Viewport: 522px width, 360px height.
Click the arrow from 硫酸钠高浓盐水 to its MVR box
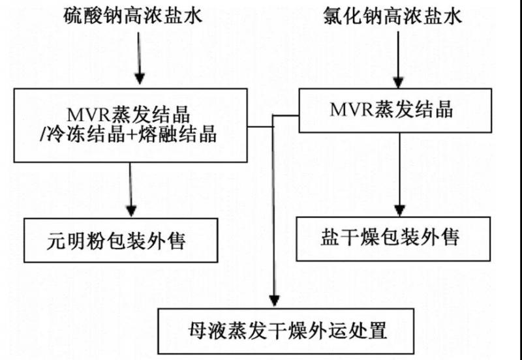tap(138, 59)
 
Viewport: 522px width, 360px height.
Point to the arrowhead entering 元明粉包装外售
tap(131, 212)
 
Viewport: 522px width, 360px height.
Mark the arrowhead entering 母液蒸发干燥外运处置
tap(273, 301)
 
